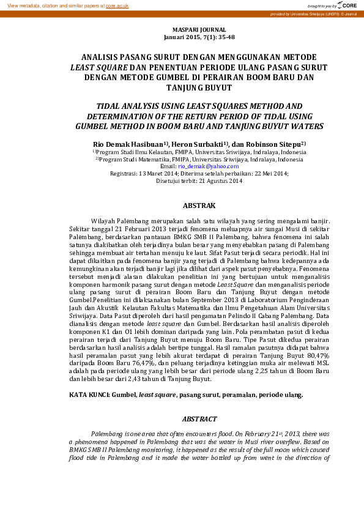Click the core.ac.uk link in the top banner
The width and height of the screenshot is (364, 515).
pyautogui.click(x=117, y=5)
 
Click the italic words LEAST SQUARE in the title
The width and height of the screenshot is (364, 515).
pyautogui.click(x=100, y=68)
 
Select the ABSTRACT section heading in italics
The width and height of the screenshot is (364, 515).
pyautogui.click(x=199, y=419)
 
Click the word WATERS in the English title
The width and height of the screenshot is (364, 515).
pyautogui.click(x=303, y=126)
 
